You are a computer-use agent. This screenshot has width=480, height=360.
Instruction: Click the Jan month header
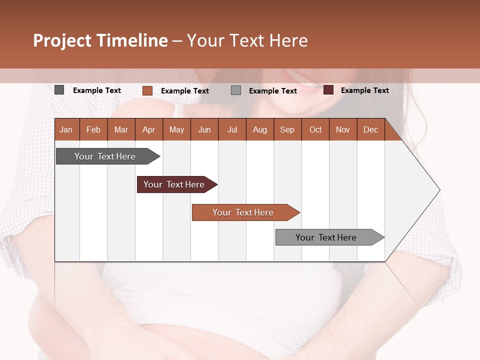[x=66, y=129]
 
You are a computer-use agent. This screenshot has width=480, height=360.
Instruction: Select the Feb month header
[x=93, y=129]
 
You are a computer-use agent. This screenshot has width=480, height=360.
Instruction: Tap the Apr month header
[x=148, y=129]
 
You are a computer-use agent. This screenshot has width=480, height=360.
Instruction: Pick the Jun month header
[x=204, y=129]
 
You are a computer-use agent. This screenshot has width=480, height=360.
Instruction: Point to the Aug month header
[x=259, y=129]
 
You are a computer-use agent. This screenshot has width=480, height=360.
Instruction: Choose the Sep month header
[x=287, y=129]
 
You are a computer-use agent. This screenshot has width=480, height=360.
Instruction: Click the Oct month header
[x=315, y=129]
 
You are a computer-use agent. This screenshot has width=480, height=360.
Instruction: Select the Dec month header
[x=370, y=129]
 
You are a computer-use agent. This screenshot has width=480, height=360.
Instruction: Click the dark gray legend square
[x=59, y=90]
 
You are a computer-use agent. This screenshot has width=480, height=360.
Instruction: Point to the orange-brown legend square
[x=147, y=90]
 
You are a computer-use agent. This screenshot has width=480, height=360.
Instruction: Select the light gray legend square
[x=236, y=90]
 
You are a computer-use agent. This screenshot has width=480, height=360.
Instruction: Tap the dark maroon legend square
[x=328, y=90]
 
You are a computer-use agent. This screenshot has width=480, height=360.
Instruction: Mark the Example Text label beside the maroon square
[x=364, y=90]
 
